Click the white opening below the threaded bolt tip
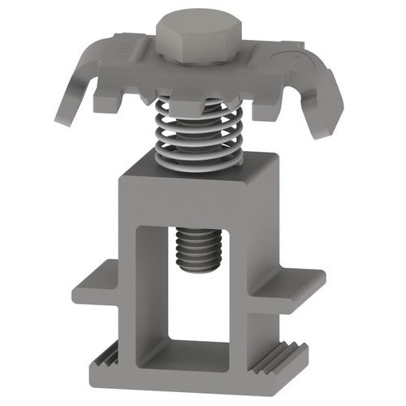click(199, 309)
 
